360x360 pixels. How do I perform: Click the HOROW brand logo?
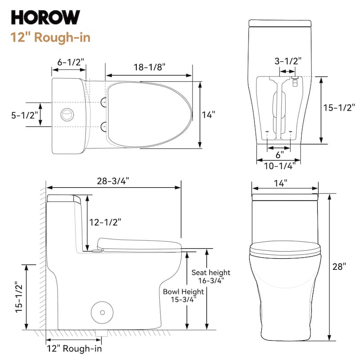click(x=45, y=17)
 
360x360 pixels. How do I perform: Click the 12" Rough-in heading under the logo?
click(x=50, y=37)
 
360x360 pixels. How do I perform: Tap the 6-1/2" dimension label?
click(x=71, y=63)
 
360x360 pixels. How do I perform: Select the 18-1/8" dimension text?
click(x=150, y=67)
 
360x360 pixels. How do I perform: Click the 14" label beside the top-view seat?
click(x=208, y=115)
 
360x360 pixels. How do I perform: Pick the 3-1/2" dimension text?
click(x=288, y=60)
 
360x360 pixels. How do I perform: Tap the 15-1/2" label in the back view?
click(x=340, y=108)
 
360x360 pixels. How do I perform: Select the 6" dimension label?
click(x=279, y=154)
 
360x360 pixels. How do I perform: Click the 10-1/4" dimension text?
click(x=279, y=166)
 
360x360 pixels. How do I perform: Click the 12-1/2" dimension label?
click(x=105, y=221)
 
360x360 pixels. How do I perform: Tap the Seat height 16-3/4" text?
click(x=211, y=276)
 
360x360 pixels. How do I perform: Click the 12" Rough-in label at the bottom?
click(x=74, y=348)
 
